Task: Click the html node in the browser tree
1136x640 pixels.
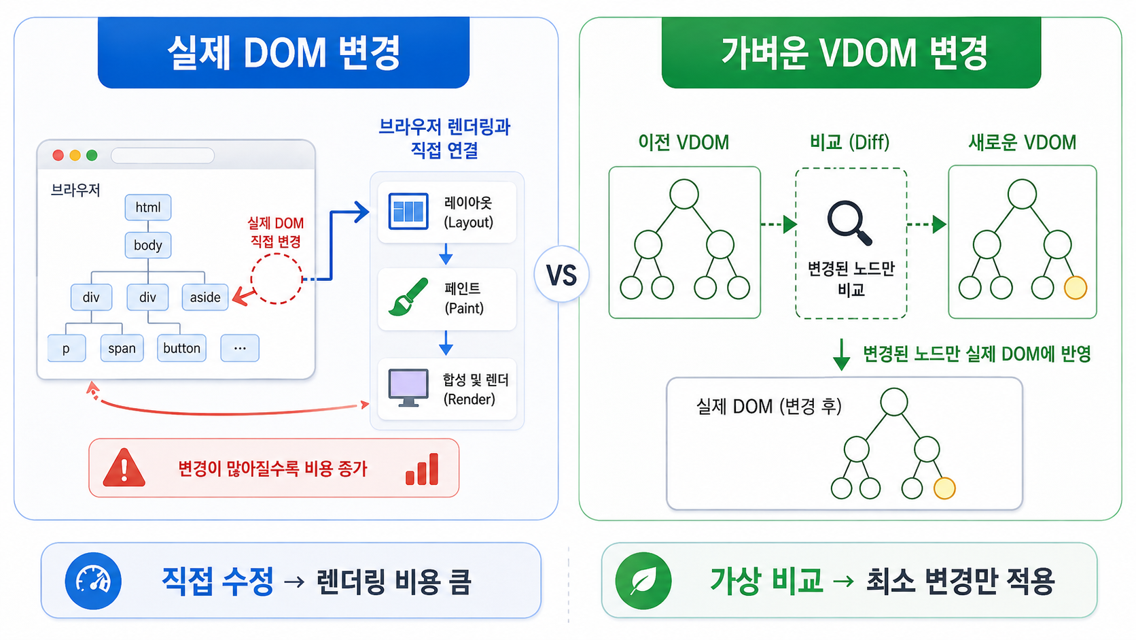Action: click(148, 207)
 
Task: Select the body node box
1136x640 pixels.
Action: click(148, 245)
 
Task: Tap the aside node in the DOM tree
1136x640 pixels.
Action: click(205, 297)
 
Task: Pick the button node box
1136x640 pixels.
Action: click(181, 348)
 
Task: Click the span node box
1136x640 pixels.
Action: click(122, 348)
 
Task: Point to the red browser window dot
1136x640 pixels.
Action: click(58, 155)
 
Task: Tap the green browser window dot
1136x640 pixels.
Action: click(92, 155)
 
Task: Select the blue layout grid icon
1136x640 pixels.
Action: click(408, 211)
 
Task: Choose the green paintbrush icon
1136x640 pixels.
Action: click(408, 297)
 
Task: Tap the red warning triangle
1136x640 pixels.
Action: click(124, 468)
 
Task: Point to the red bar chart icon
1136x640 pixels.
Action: click(422, 469)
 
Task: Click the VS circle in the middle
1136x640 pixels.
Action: click(561, 275)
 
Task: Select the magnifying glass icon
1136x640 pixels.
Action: click(850, 224)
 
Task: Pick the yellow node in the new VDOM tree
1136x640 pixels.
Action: click(1075, 288)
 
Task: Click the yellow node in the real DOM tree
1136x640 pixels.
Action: click(944, 488)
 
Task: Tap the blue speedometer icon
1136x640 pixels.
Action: click(93, 581)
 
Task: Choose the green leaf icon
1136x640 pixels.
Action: click(643, 581)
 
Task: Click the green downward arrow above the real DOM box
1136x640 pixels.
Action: click(841, 354)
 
